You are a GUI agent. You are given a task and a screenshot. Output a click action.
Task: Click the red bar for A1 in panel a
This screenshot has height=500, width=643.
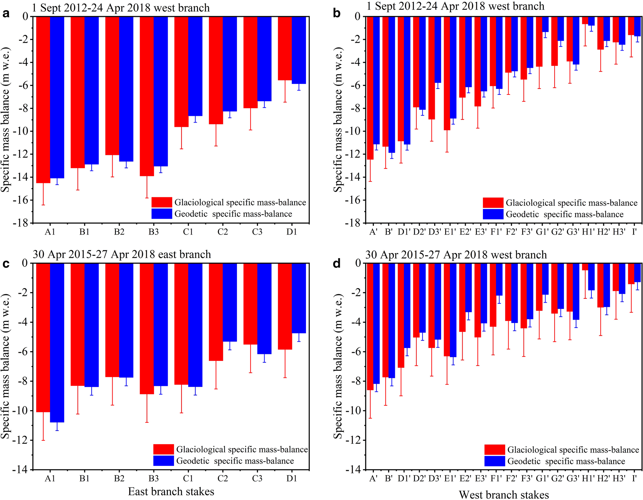point(43,99)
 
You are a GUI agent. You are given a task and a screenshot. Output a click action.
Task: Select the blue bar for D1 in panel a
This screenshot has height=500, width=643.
point(299,50)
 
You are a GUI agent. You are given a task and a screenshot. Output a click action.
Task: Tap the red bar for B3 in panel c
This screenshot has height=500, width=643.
point(147,328)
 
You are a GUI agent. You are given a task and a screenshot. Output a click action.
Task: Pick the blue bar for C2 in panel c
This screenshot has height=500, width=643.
point(230,302)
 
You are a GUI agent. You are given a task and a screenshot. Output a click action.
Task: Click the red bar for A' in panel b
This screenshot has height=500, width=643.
point(370,88)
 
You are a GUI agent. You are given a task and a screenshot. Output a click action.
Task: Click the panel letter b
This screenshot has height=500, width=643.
point(337,13)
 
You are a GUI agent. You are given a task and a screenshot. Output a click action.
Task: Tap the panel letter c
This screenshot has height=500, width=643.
point(6,264)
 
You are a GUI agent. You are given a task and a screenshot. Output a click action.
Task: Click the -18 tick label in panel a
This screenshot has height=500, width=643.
point(21,223)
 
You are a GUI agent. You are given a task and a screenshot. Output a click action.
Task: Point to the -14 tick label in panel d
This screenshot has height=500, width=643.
point(354,470)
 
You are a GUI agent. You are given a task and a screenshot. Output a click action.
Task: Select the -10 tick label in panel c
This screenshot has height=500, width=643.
point(21,411)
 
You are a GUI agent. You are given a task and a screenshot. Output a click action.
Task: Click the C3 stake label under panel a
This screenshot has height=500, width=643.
point(257,232)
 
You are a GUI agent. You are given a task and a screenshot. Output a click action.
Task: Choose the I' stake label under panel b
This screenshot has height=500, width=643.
point(634,232)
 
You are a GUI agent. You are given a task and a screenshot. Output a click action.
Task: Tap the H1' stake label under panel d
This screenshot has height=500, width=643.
point(588,479)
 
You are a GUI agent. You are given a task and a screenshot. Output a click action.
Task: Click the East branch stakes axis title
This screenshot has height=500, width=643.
point(171,491)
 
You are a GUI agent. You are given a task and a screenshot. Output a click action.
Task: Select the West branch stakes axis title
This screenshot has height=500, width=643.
point(504,494)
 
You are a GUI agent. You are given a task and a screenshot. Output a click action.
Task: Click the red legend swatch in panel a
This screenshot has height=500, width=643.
point(162,202)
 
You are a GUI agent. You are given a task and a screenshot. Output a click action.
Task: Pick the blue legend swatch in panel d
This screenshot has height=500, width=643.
point(495,461)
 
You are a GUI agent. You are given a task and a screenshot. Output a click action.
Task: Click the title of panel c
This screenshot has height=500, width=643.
point(122,254)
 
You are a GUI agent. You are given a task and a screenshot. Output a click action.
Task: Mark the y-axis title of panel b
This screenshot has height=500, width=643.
point(338,119)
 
